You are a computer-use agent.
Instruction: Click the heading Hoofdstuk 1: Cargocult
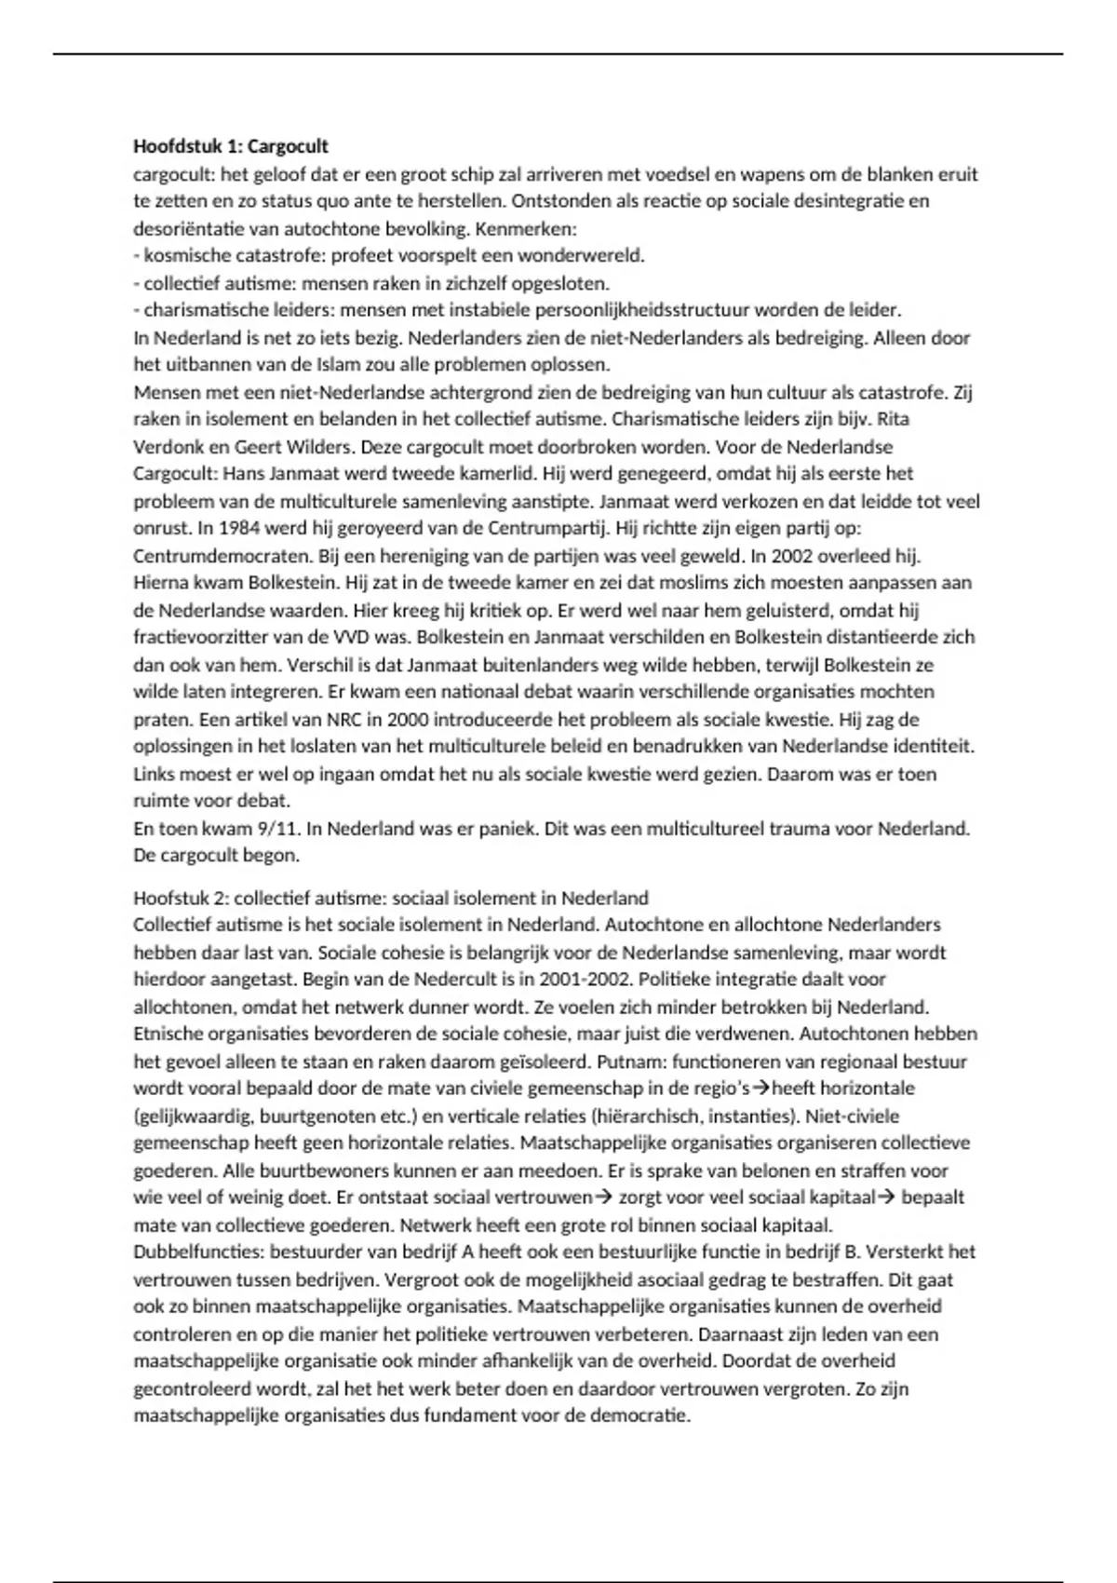pyautogui.click(x=231, y=146)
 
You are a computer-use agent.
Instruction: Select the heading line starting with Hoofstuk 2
pyautogui.click(x=391, y=898)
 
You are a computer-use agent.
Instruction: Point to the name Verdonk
pyautogui.click(x=167, y=446)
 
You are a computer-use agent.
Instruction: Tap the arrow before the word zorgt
pyautogui.click(x=603, y=1197)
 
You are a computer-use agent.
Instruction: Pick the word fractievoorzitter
pyautogui.click(x=206, y=638)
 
